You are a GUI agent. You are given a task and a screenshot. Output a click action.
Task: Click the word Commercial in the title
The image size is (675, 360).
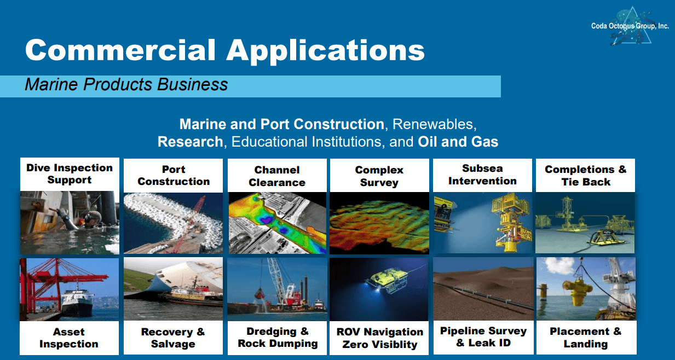click(120, 50)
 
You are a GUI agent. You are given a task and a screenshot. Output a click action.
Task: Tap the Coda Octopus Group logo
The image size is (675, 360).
click(630, 26)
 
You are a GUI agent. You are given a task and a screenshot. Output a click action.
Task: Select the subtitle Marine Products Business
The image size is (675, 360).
click(126, 84)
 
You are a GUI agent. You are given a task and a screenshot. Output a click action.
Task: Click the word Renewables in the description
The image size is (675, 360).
click(434, 124)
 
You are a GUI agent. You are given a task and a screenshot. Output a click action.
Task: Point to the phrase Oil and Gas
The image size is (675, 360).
click(458, 142)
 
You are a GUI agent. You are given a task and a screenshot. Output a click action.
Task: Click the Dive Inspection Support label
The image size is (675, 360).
click(70, 174)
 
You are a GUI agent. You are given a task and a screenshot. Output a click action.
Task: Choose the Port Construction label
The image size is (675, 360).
click(174, 175)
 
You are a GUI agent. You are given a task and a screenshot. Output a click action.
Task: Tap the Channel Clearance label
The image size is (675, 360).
click(277, 176)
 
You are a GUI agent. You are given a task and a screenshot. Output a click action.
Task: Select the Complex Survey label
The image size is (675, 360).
click(379, 176)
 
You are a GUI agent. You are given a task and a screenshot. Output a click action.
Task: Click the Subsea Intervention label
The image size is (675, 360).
click(482, 175)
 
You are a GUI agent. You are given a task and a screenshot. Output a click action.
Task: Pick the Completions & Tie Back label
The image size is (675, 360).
click(586, 176)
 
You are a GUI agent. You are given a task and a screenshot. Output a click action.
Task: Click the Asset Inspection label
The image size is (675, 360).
click(69, 338)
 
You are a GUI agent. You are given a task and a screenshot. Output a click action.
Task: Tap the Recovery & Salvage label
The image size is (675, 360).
click(173, 338)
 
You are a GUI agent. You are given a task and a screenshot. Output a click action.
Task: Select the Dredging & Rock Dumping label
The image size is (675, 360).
click(278, 338)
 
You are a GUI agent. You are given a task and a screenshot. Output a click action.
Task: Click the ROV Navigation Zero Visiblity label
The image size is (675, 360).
click(380, 338)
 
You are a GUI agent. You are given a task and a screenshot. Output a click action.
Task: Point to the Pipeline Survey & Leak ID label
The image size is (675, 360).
click(483, 337)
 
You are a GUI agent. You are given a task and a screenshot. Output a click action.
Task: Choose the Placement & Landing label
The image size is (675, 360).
click(586, 338)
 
